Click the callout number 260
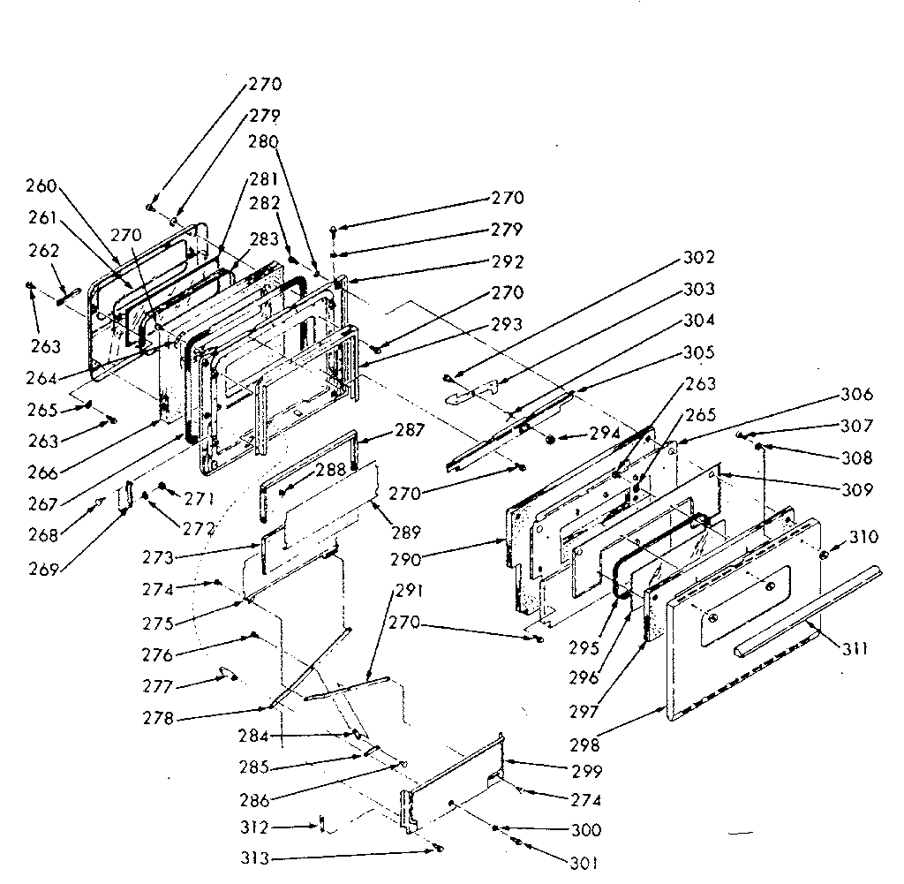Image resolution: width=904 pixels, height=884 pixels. click(41, 185)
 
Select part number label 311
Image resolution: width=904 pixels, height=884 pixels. click(854, 649)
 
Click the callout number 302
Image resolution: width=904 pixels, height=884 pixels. click(698, 259)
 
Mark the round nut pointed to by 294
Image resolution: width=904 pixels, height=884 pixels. click(551, 439)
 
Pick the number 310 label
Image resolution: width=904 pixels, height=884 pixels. click(864, 537)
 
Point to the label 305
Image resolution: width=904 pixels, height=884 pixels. click(699, 352)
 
